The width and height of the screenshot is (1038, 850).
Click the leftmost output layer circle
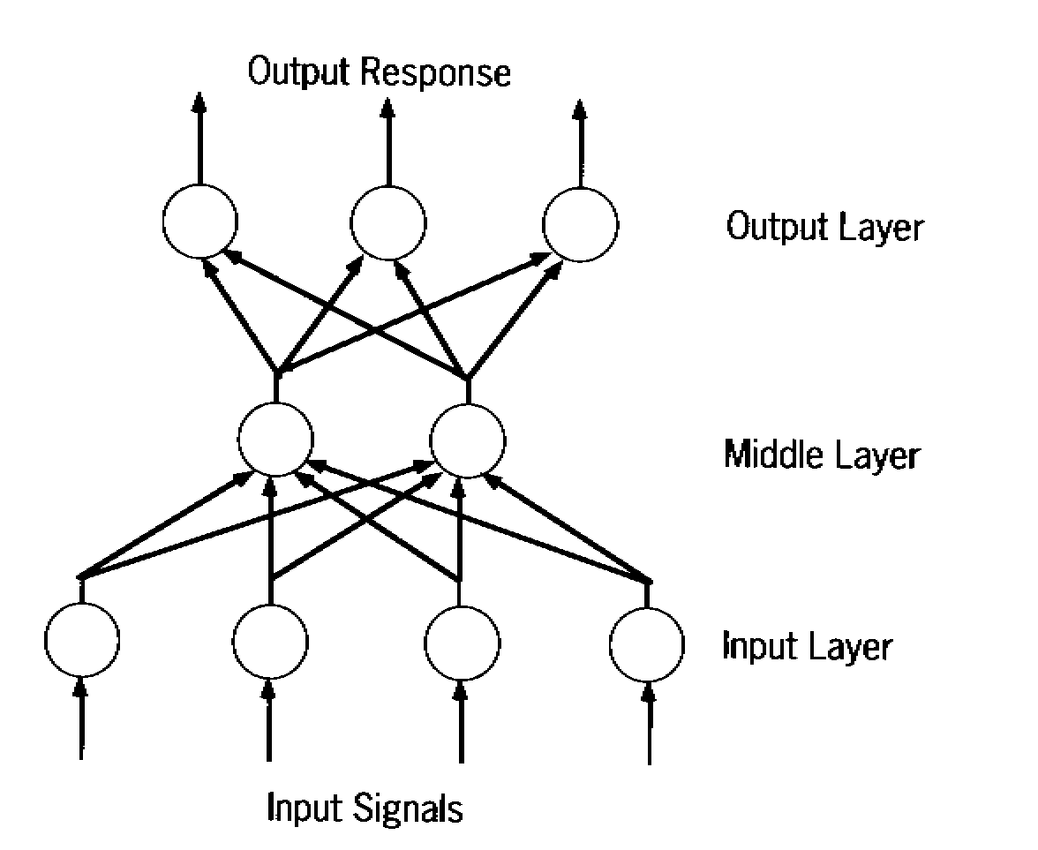(x=199, y=222)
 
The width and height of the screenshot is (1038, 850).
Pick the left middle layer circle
(x=276, y=439)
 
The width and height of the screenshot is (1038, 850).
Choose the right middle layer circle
(x=468, y=439)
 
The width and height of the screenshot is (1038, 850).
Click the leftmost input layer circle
(x=81, y=641)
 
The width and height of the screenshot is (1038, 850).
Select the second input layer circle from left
(x=271, y=641)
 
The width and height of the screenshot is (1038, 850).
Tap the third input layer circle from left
(x=461, y=641)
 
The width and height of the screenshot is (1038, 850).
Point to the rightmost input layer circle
(x=648, y=643)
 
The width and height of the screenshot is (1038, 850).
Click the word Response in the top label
(x=439, y=73)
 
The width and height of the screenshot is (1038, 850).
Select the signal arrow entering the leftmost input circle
(x=81, y=719)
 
